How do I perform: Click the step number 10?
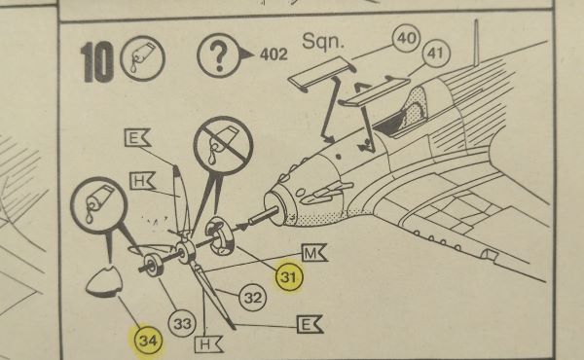click(x=96, y=62)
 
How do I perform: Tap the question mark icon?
click(x=219, y=55)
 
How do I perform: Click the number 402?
click(x=274, y=54)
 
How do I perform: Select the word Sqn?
click(x=323, y=41)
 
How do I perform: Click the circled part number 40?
click(x=406, y=38)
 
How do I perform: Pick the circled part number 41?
click(x=436, y=54)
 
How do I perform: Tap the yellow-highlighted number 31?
click(x=289, y=277)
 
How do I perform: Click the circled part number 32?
click(x=253, y=298)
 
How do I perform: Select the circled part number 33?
click(x=182, y=324)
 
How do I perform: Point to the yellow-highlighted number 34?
click(x=148, y=341)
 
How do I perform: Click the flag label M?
click(x=313, y=254)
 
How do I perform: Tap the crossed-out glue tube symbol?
click(x=224, y=146)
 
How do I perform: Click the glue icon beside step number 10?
click(x=142, y=58)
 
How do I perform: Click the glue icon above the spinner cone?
click(x=99, y=205)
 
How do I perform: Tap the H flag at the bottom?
click(x=208, y=344)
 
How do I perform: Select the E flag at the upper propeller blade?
click(x=136, y=138)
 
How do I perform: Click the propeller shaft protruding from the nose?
click(x=264, y=217)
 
